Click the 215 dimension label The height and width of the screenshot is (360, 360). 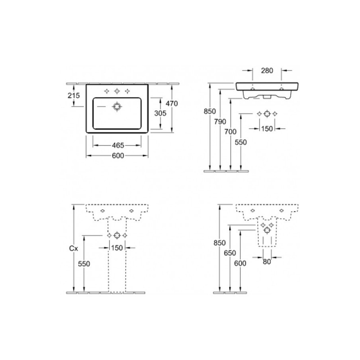pyautogui.click(x=74, y=95)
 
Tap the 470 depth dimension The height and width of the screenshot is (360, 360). pyautogui.click(x=172, y=103)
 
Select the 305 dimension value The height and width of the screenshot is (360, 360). pyautogui.click(x=160, y=113)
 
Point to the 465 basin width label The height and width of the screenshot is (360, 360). pyautogui.click(x=118, y=145)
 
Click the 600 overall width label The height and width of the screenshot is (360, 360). pyautogui.click(x=118, y=156)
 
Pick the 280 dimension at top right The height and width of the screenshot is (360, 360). pyautogui.click(x=267, y=71)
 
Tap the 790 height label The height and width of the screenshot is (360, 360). pyautogui.click(x=220, y=121)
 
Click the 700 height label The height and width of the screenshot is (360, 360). pyautogui.click(x=230, y=131)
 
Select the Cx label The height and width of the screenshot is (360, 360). pyautogui.click(x=73, y=248)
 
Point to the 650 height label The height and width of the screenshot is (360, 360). pyautogui.click(x=230, y=253)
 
